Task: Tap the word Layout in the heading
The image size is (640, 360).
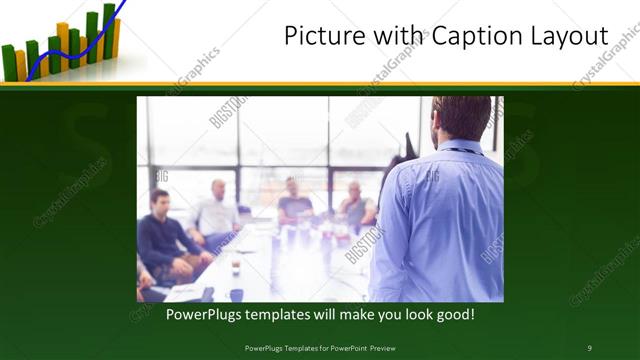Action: [566, 37]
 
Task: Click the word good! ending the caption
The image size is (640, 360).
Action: [452, 315]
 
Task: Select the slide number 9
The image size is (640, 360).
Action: [589, 347]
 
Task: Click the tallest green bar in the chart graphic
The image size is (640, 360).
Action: [108, 30]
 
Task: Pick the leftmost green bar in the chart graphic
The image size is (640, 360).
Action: [9, 62]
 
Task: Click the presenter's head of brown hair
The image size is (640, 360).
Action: [462, 115]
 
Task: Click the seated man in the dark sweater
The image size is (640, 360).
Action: [163, 240]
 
